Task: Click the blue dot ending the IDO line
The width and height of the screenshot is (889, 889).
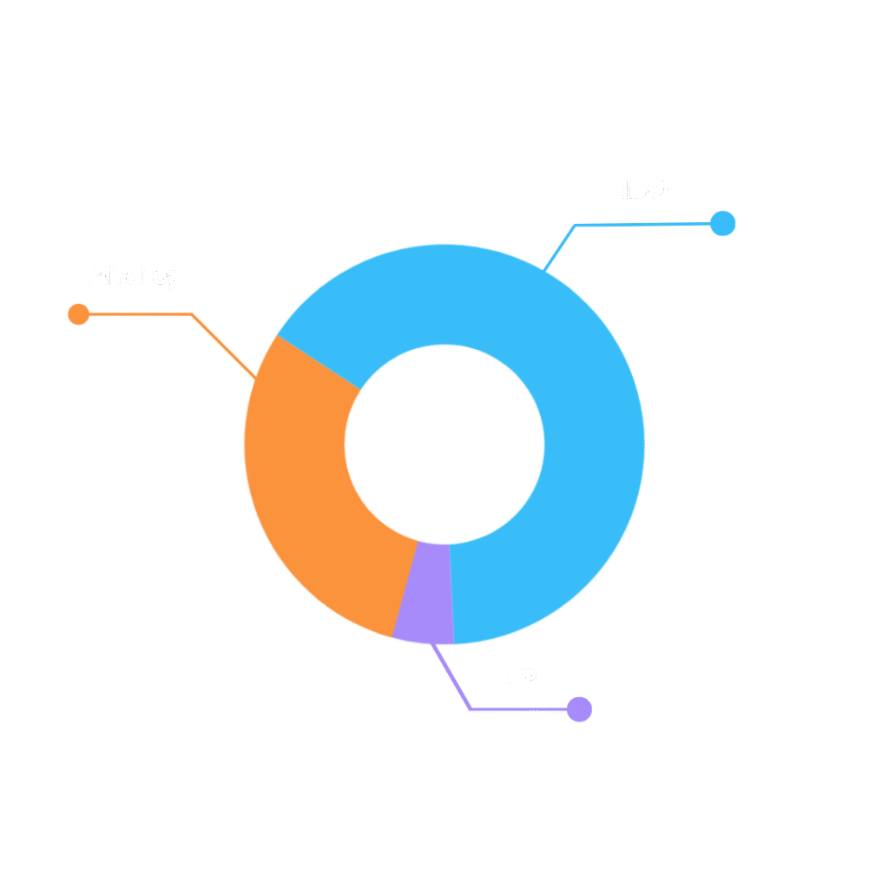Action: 722,223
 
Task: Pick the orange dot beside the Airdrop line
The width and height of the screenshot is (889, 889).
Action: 79,314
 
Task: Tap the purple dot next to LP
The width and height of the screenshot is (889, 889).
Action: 579,709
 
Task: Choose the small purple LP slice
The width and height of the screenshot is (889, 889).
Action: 425,595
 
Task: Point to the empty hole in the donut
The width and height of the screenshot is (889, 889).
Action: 444,444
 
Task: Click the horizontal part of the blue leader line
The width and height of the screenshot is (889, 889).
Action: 642,225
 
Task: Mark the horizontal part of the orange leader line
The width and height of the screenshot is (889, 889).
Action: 139,314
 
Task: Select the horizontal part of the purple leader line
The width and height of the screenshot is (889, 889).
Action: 517,710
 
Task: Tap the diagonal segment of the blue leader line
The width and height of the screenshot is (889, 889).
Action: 559,247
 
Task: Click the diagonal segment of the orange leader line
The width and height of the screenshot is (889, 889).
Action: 224,346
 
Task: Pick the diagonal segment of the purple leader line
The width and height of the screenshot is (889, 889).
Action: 452,678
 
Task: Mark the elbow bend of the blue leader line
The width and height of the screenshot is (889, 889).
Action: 575,226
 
